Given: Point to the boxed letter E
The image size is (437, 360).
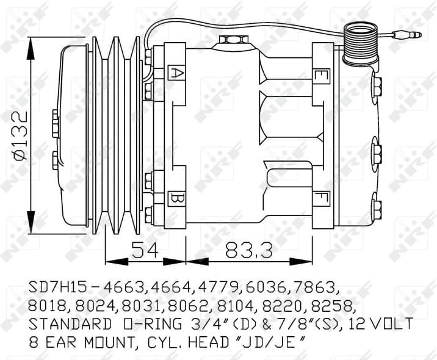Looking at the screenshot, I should [319, 76].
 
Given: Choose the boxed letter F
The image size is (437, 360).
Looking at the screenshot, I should [319, 199].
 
